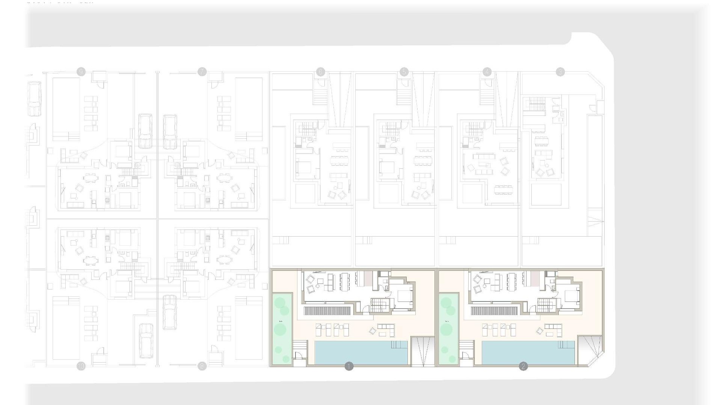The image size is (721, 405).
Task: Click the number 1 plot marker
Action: tap(349, 366)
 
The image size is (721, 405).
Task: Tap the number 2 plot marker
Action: tap(523, 366)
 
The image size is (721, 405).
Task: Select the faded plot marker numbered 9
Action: tap(81, 72)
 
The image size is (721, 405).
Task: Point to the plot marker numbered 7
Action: tap(202, 72)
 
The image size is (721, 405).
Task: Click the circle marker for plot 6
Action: tap(320, 72)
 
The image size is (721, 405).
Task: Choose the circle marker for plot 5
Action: tap(404, 72)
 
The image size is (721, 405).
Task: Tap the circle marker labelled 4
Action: tap(487, 72)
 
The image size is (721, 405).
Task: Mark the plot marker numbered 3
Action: tap(560, 72)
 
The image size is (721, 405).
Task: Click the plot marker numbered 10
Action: tap(81, 366)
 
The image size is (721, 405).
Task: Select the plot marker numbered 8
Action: tap(202, 366)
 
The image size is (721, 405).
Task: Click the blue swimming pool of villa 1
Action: tap(360, 352)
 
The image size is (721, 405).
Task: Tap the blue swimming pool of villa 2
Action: tap(528, 352)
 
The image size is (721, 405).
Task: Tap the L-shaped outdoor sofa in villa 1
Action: tap(386, 330)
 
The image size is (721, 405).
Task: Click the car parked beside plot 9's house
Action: tap(145, 131)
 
